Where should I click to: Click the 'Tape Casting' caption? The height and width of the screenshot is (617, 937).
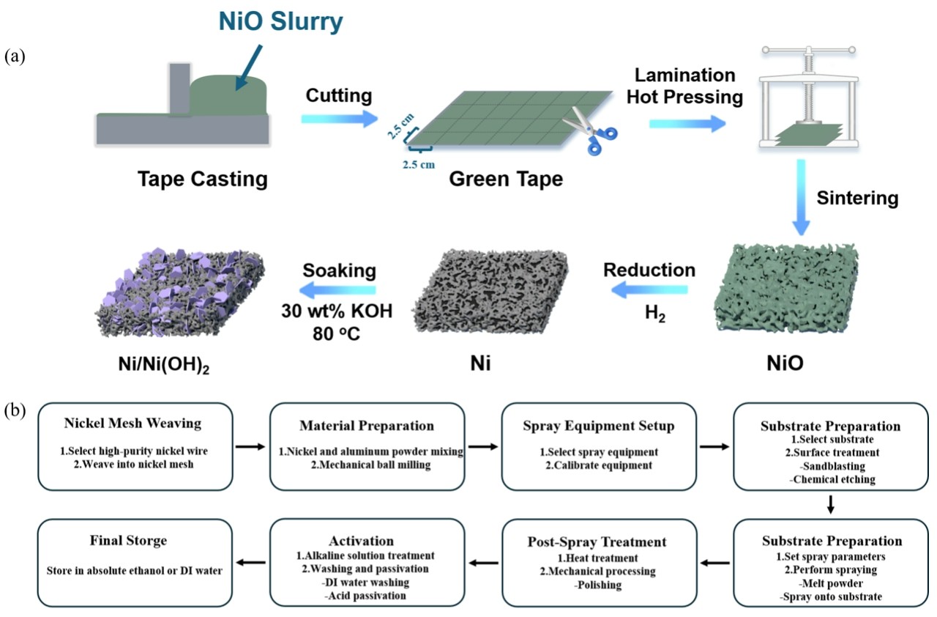pyautogui.click(x=203, y=178)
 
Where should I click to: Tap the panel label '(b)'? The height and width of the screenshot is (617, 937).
pyautogui.click(x=15, y=410)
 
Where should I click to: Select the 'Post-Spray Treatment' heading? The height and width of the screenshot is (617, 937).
pyautogui.click(x=597, y=542)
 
